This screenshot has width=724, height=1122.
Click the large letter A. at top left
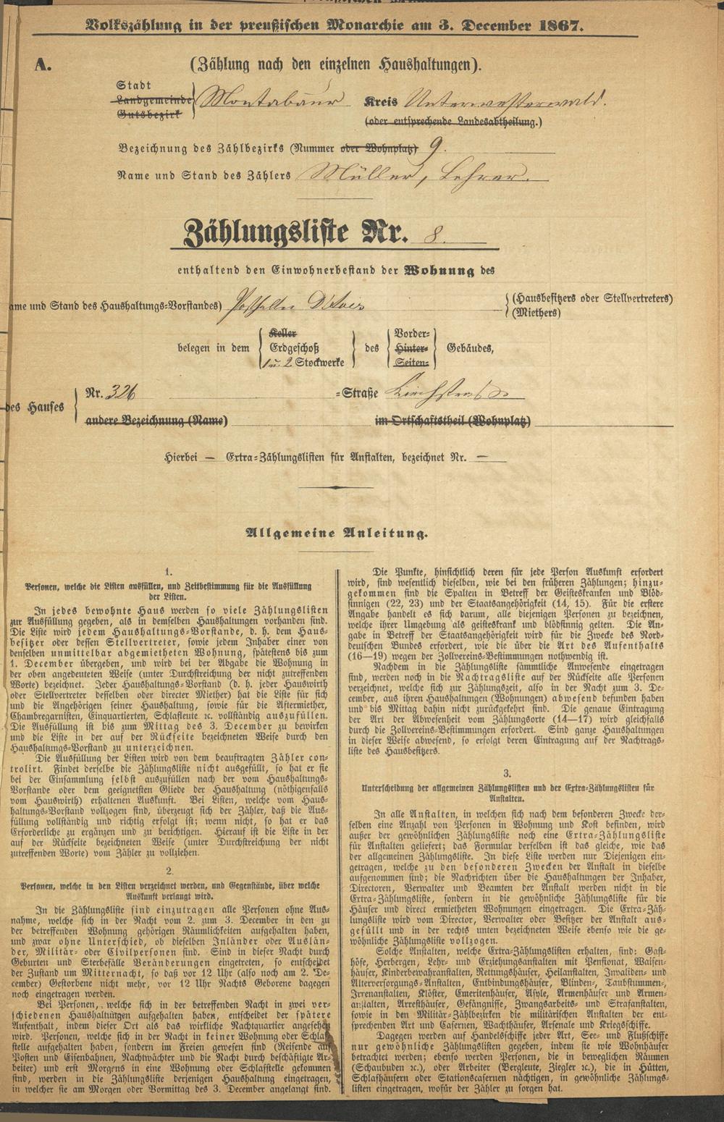coord(43,64)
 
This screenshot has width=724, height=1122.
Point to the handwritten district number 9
coord(434,148)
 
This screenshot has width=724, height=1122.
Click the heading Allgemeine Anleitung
coord(337,533)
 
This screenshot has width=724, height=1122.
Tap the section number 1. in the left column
coord(168,570)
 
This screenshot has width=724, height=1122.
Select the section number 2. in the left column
coord(168,870)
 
